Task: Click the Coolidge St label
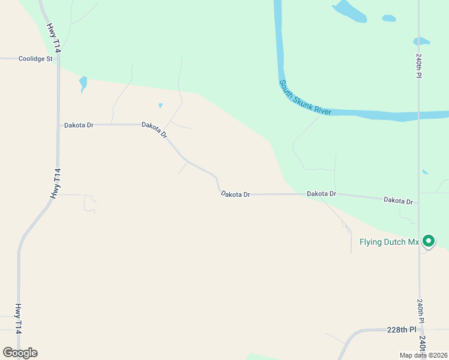[35, 59]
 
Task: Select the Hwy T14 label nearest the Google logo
[19, 319]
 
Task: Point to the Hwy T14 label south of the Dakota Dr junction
[56, 184]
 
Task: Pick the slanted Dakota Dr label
[154, 130]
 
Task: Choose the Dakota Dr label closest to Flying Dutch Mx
[399, 200]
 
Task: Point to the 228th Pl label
[402, 330]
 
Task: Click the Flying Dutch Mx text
[388, 242]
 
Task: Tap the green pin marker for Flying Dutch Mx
[428, 241]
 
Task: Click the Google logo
[20, 353]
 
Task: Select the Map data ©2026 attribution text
[424, 355]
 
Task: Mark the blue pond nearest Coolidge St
[83, 83]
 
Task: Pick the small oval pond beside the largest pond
[389, 18]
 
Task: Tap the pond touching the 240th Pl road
[421, 41]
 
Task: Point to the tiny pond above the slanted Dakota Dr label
[160, 106]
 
